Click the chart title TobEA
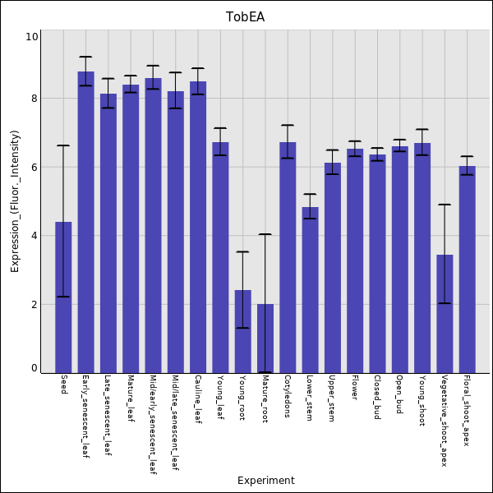point(246,16)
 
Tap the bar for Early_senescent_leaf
point(85,222)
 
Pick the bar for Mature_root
point(265,338)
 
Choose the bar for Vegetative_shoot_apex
point(445,313)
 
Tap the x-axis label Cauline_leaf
point(198,399)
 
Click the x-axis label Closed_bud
point(377,398)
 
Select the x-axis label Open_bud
point(399,394)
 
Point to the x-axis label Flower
point(355,389)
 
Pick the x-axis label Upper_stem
point(332,399)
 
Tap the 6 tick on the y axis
point(35,167)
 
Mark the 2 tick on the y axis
point(35,304)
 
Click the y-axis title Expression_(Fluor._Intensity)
point(15,201)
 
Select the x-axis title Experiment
point(265,481)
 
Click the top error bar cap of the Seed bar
point(63,145)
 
